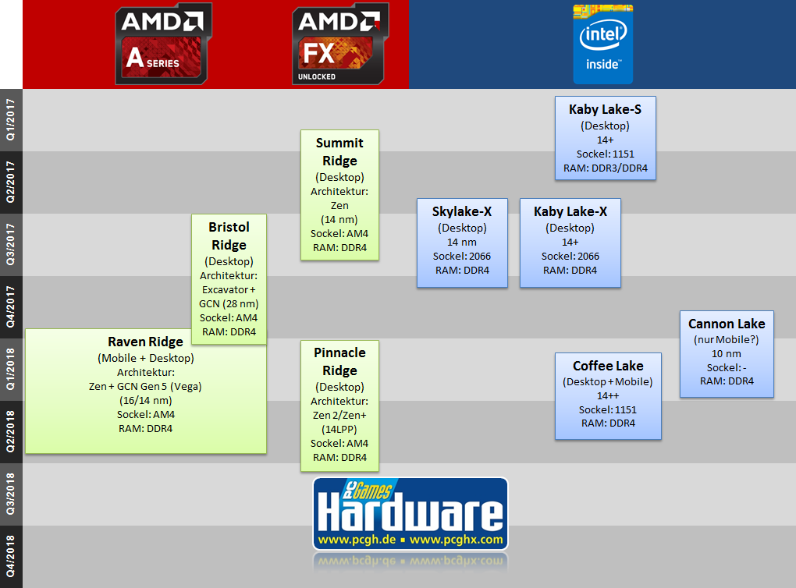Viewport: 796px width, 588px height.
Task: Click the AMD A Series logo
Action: (x=162, y=45)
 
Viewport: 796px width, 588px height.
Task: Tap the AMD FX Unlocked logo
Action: (x=339, y=45)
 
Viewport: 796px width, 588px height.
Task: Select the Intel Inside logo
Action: (x=602, y=45)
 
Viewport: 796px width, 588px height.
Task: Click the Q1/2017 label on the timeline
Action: (x=11, y=120)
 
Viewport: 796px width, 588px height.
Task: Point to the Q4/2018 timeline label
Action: (x=11, y=556)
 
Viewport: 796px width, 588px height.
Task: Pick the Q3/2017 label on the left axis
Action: (x=11, y=245)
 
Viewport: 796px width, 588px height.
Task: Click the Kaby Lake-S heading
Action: (x=605, y=110)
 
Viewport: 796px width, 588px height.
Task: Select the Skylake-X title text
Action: (x=463, y=211)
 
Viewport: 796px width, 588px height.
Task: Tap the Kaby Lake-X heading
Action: (x=570, y=211)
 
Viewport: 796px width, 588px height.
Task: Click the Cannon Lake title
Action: (x=727, y=324)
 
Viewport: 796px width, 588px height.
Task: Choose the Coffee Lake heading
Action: (x=608, y=366)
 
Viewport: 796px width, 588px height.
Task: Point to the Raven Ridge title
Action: (x=145, y=342)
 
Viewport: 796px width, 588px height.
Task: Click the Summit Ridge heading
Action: (x=339, y=151)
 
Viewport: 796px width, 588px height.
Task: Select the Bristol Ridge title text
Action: (x=229, y=236)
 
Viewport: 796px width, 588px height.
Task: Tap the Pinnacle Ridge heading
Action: (x=339, y=361)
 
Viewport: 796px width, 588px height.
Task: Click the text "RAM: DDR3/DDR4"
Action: (x=605, y=168)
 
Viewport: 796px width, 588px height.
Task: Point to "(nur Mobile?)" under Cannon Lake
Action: (x=727, y=339)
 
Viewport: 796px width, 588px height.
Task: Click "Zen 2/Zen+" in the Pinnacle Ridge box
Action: (x=339, y=415)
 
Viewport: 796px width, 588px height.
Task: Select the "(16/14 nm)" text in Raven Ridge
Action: (x=145, y=399)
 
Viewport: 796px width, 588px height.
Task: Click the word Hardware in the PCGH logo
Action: (x=411, y=514)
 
